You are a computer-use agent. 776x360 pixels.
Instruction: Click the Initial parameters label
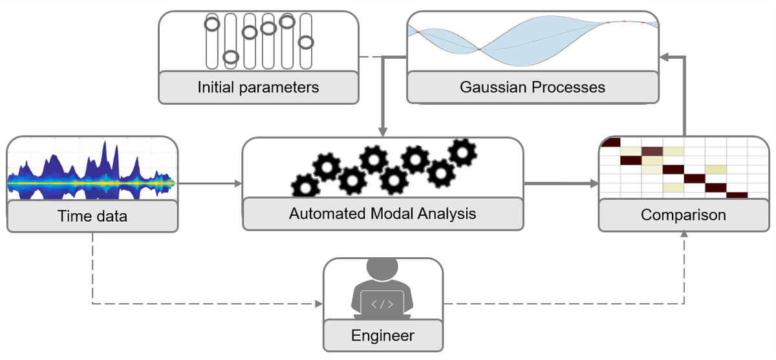(x=258, y=87)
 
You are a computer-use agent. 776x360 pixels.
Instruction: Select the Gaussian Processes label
(x=532, y=87)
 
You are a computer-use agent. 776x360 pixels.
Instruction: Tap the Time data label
(x=92, y=216)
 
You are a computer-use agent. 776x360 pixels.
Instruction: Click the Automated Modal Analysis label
(x=382, y=213)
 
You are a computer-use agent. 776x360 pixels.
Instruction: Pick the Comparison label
(x=684, y=215)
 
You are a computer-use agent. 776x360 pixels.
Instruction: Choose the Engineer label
(x=382, y=335)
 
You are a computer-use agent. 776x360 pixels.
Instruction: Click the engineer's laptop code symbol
(x=382, y=301)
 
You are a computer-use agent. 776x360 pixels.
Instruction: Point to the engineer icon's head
(x=382, y=268)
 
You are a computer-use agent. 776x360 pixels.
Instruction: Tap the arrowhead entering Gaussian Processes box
(x=665, y=58)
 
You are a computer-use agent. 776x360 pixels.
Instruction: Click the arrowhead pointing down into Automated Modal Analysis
(x=383, y=132)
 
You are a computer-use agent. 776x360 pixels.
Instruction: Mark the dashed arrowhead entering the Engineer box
(x=318, y=303)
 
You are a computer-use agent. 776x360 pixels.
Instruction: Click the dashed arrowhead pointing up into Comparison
(x=684, y=236)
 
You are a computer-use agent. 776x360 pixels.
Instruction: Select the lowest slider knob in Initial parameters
(x=230, y=57)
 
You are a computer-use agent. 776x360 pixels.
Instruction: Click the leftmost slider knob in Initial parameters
(x=211, y=25)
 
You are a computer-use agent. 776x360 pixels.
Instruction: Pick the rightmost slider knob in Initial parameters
(x=306, y=42)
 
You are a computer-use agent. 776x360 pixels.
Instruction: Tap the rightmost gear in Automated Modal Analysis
(x=462, y=152)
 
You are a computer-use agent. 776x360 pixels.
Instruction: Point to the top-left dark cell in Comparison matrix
(x=610, y=142)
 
